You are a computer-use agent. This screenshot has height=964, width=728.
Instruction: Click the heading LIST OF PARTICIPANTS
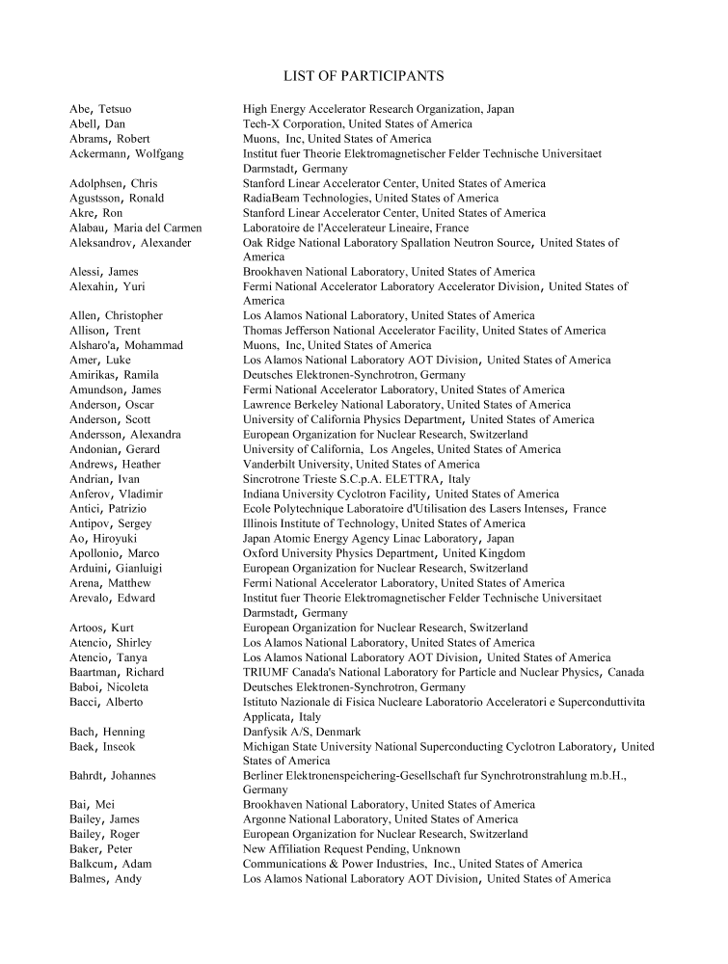click(364, 75)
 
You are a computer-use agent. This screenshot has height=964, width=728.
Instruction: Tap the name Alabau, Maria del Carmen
click(135, 228)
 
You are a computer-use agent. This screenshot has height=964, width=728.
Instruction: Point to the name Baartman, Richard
click(117, 673)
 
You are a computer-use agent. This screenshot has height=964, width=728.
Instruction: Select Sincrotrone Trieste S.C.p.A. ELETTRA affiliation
click(357, 479)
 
